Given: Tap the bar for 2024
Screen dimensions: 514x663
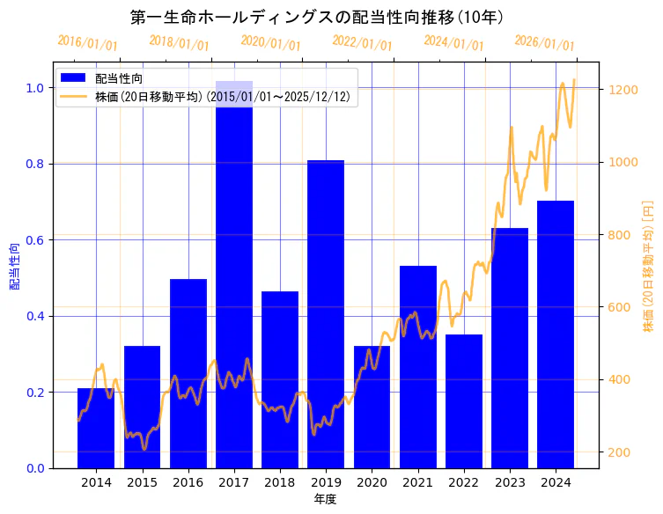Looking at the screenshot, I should point(556,334).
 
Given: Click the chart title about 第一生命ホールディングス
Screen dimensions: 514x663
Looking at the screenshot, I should point(316,18).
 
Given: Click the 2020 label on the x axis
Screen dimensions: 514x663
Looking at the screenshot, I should point(372,482).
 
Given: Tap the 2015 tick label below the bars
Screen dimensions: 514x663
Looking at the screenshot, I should point(142,482).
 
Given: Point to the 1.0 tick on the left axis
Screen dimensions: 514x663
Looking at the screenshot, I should point(35,88).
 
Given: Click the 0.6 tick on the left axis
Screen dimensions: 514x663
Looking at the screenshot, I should point(35,240).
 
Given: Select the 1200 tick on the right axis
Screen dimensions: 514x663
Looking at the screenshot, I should point(620,90).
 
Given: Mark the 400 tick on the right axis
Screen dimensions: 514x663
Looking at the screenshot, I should point(616,380).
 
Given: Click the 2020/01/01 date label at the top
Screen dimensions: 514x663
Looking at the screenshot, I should point(270,44).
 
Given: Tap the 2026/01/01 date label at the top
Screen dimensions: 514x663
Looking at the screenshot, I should point(544,44).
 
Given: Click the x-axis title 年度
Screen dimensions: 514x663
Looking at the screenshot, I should point(326,499).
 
